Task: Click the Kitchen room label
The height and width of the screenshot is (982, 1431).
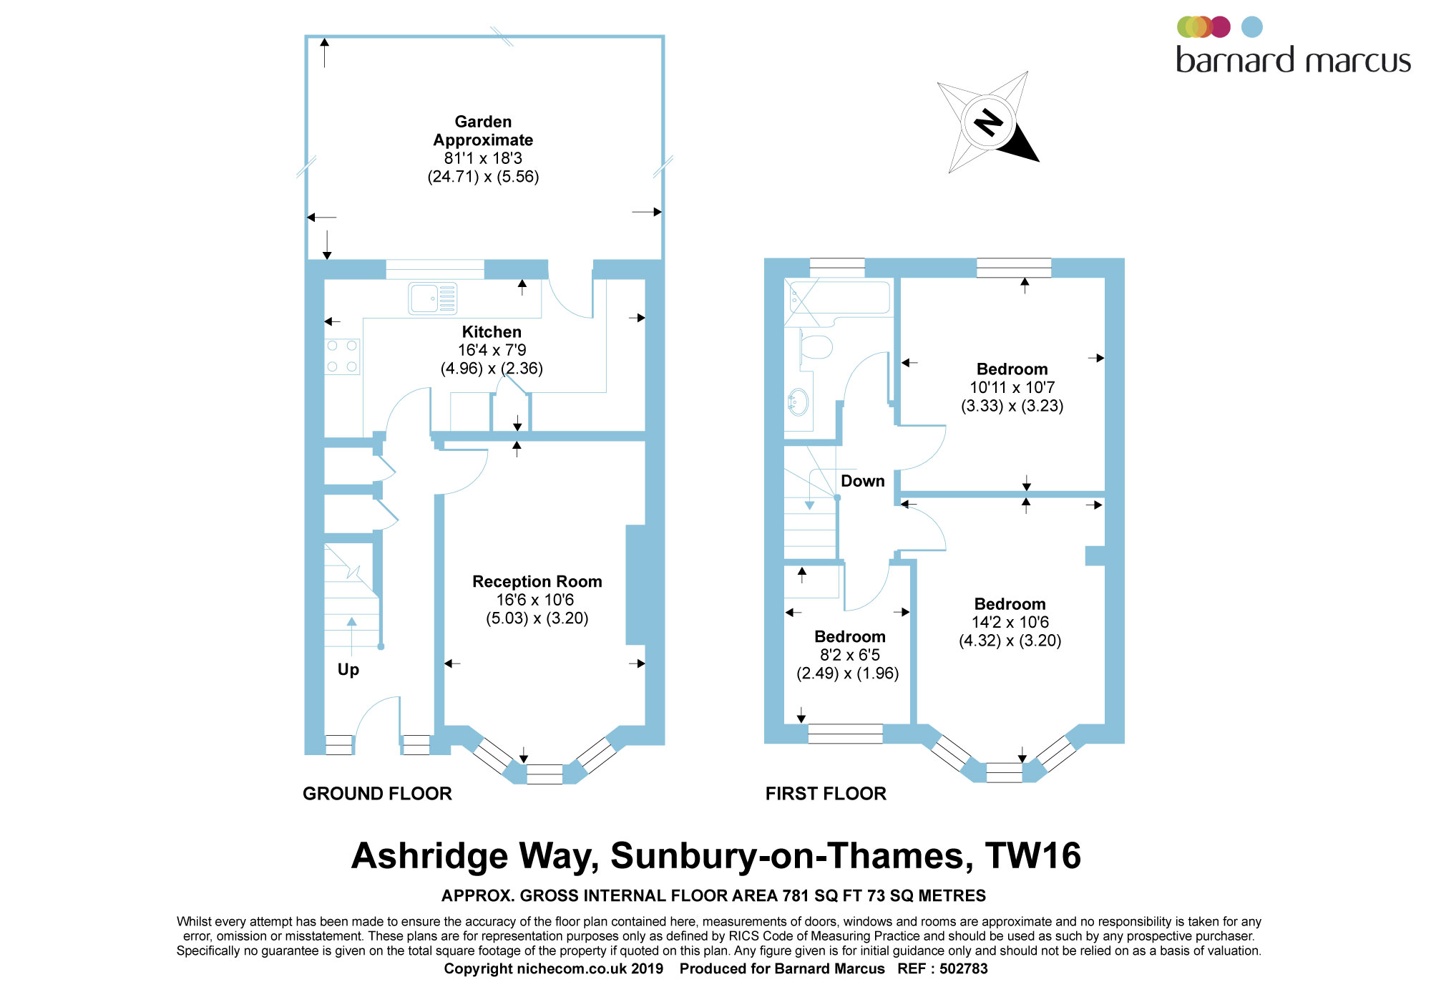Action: point(492,332)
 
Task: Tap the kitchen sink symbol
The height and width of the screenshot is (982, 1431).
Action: point(433,298)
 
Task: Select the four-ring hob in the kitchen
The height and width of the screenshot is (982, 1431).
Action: point(342,356)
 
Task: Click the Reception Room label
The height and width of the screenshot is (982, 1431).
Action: point(537,582)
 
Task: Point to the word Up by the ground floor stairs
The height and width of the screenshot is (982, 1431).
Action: point(348,670)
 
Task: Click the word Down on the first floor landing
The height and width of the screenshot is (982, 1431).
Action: point(863,481)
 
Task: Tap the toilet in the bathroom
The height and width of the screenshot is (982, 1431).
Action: point(815,348)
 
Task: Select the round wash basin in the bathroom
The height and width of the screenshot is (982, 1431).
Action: point(798,402)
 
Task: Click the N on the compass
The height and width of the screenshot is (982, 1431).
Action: point(989,122)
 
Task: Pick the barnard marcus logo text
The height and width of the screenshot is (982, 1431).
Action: point(1294,60)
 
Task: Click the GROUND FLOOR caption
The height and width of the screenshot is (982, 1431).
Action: point(377,794)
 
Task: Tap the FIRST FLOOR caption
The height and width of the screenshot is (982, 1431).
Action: point(826,794)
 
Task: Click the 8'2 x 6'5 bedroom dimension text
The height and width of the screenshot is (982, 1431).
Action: point(850,655)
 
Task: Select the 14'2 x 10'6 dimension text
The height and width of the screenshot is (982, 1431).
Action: point(1010,623)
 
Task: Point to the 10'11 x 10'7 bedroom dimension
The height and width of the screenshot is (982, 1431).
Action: point(1012,388)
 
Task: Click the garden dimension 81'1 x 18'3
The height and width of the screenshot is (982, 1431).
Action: point(483,158)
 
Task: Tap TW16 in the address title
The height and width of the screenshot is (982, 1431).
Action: point(1033,856)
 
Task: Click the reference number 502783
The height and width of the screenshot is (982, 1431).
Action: point(964,968)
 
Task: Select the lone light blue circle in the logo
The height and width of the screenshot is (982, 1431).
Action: point(1252,27)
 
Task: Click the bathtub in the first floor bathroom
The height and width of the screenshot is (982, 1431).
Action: point(839,297)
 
